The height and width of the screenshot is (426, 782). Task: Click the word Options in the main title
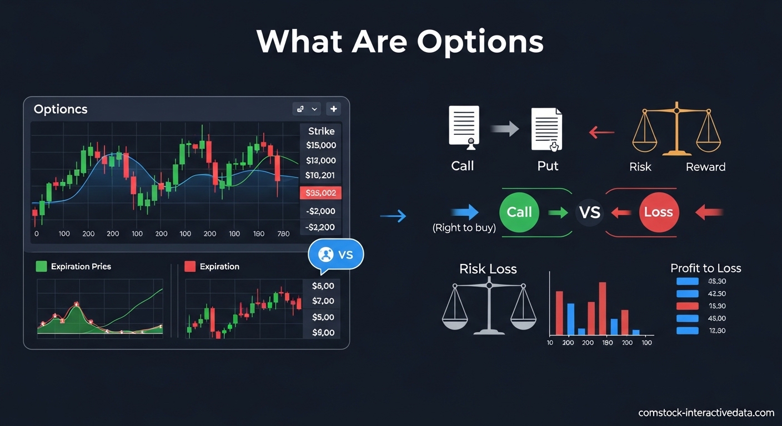pyautogui.click(x=480, y=42)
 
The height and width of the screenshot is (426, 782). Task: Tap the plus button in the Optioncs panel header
pyautogui.click(x=333, y=109)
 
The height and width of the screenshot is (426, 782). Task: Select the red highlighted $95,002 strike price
pyautogui.click(x=321, y=193)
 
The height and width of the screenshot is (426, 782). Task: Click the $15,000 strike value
pyautogui.click(x=321, y=145)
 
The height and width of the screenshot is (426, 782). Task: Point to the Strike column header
pyautogui.click(x=321, y=131)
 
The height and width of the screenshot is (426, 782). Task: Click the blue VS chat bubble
pyautogui.click(x=335, y=255)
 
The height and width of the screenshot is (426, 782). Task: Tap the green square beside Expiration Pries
pyautogui.click(x=41, y=266)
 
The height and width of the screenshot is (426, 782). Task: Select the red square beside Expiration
pyautogui.click(x=190, y=266)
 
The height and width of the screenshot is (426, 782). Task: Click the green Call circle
pyautogui.click(x=519, y=212)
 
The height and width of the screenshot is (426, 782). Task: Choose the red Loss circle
pyautogui.click(x=658, y=212)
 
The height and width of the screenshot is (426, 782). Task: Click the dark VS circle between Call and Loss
pyautogui.click(x=590, y=212)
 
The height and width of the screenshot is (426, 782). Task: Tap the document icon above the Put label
pyautogui.click(x=547, y=129)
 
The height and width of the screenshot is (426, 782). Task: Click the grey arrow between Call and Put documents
pyautogui.click(x=504, y=130)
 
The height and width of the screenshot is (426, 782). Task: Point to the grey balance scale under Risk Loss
pyautogui.click(x=489, y=308)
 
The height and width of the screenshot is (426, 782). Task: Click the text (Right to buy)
pyautogui.click(x=464, y=227)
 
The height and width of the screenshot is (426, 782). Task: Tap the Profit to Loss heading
pyautogui.click(x=705, y=268)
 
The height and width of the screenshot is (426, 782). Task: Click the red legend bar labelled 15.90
pyautogui.click(x=688, y=306)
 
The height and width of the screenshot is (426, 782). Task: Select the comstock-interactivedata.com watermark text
pyautogui.click(x=706, y=413)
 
